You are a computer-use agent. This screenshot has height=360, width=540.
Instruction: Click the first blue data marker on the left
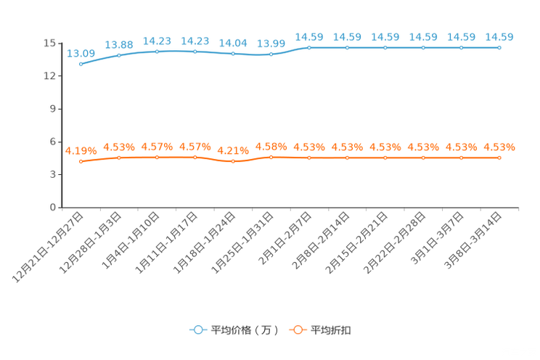[81, 64]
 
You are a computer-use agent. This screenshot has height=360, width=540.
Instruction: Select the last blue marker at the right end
[499, 48]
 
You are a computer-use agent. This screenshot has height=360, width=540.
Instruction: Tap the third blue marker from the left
[157, 52]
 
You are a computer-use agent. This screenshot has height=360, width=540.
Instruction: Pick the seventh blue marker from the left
[309, 48]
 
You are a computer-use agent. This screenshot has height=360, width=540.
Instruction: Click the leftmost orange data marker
[81, 160]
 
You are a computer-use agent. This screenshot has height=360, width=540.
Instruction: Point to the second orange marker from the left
[119, 157]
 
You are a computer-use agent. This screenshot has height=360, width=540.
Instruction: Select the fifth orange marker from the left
[233, 161]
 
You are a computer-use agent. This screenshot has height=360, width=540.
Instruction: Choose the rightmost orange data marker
[499, 157]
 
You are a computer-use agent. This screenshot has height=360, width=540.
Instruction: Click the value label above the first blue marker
[81, 53]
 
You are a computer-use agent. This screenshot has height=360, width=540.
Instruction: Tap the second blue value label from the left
[119, 44]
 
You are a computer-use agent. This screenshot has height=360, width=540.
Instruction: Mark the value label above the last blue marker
[499, 37]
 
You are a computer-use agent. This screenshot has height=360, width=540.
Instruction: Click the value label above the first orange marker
[81, 150]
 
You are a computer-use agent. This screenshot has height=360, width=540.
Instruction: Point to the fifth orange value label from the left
[233, 151]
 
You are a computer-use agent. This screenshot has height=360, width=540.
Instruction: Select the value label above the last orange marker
[499, 147]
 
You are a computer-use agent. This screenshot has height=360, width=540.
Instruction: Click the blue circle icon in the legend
[197, 330]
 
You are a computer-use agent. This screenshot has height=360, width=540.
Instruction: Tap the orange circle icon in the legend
[296, 330]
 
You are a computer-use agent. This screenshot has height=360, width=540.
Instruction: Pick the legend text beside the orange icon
[331, 330]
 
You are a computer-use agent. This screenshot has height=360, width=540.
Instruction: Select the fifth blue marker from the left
[233, 54]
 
